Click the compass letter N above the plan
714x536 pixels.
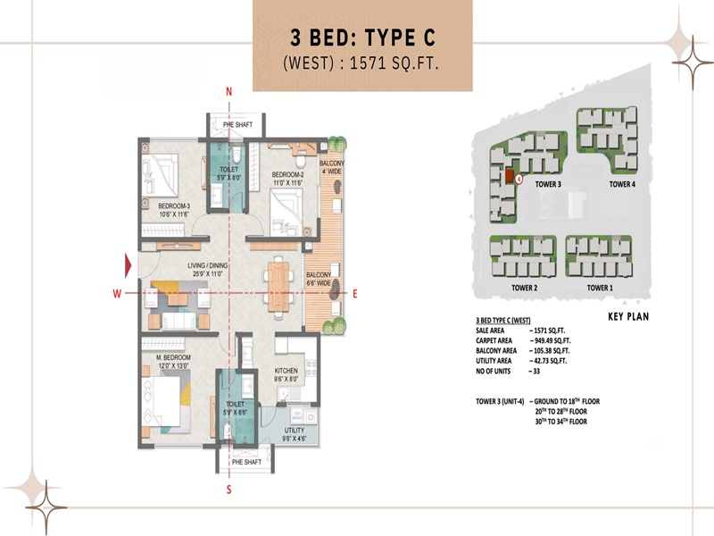coord(229,92)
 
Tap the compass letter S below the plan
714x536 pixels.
coord(229,489)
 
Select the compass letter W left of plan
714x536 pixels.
coord(116,293)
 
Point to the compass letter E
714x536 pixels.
coord(354,293)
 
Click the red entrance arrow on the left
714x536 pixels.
coord(129,264)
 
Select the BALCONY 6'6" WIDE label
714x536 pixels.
coord(319,279)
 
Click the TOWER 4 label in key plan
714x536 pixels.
coord(622,184)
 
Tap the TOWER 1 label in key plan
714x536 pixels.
coord(599,289)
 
